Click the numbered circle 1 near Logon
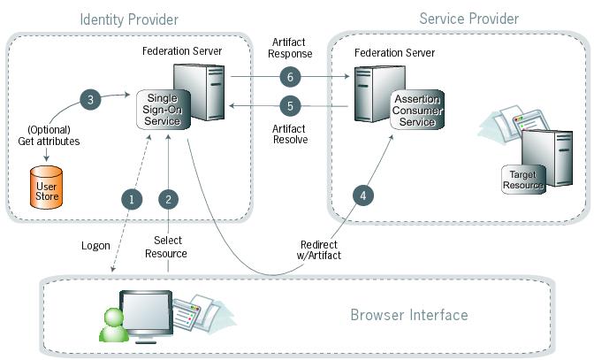[x=132, y=199]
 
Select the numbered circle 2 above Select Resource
[x=169, y=199]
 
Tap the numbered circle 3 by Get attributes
[x=88, y=99]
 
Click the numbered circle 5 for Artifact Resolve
[x=285, y=105]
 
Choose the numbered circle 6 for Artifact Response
[x=285, y=76]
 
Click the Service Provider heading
[x=468, y=19]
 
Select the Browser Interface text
[x=409, y=314]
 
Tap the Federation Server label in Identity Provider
[x=182, y=50]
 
